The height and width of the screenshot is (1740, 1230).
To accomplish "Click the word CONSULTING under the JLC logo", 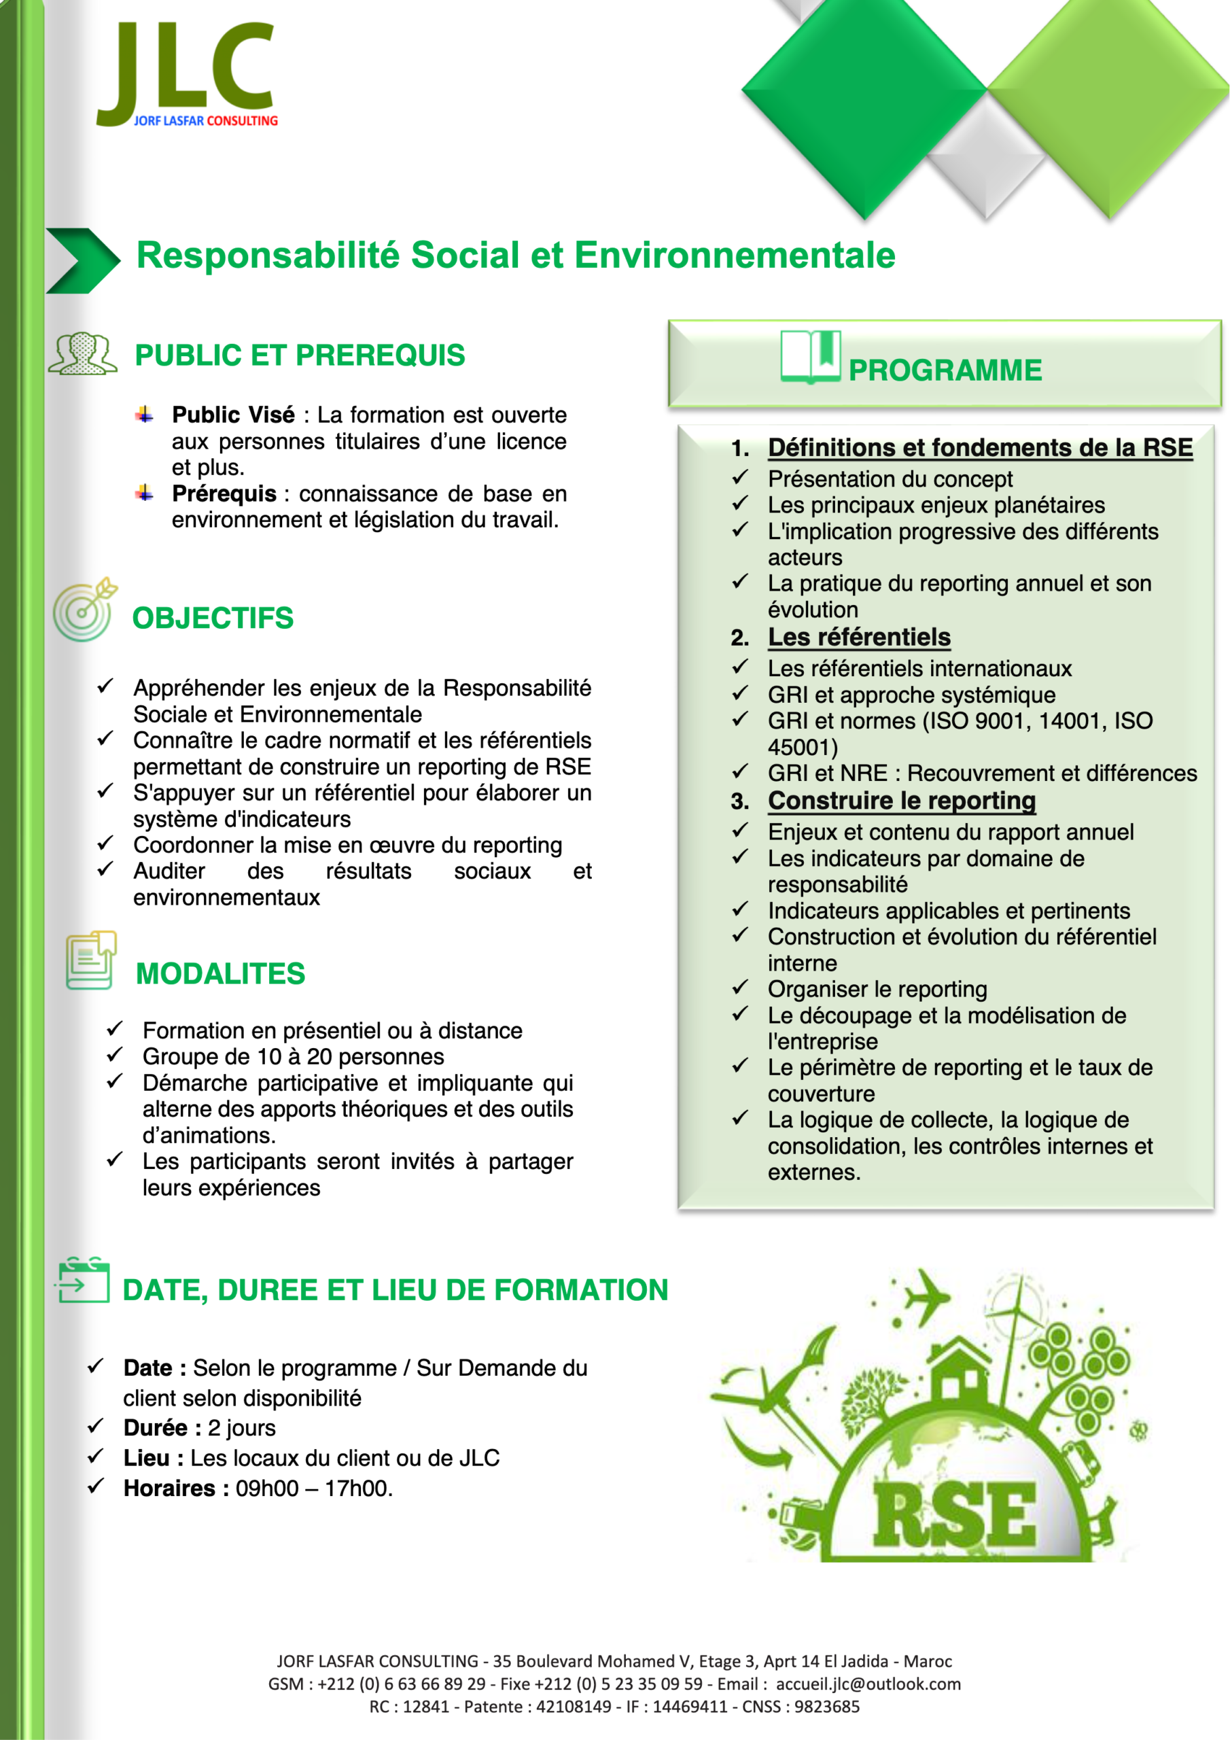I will point(242,120).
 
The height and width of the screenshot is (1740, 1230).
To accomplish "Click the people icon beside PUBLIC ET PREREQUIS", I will point(83,354).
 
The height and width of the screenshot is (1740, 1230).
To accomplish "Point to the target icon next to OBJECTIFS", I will point(84,610).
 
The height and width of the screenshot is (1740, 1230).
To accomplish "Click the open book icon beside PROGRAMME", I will point(810,356).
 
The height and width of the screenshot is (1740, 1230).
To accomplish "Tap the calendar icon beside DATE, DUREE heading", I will point(83,1281).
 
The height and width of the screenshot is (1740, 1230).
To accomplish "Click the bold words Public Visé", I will point(233,415).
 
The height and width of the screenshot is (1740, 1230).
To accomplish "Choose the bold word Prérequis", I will point(224,494).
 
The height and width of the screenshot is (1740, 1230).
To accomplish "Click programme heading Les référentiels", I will point(859,638).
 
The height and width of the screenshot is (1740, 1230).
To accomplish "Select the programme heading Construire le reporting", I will point(901,801).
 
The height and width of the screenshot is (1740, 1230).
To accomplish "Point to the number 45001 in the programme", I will point(802,747).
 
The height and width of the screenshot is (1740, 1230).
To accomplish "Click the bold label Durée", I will point(156,1428).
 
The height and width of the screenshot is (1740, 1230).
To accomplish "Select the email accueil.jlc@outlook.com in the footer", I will point(868,1684).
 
